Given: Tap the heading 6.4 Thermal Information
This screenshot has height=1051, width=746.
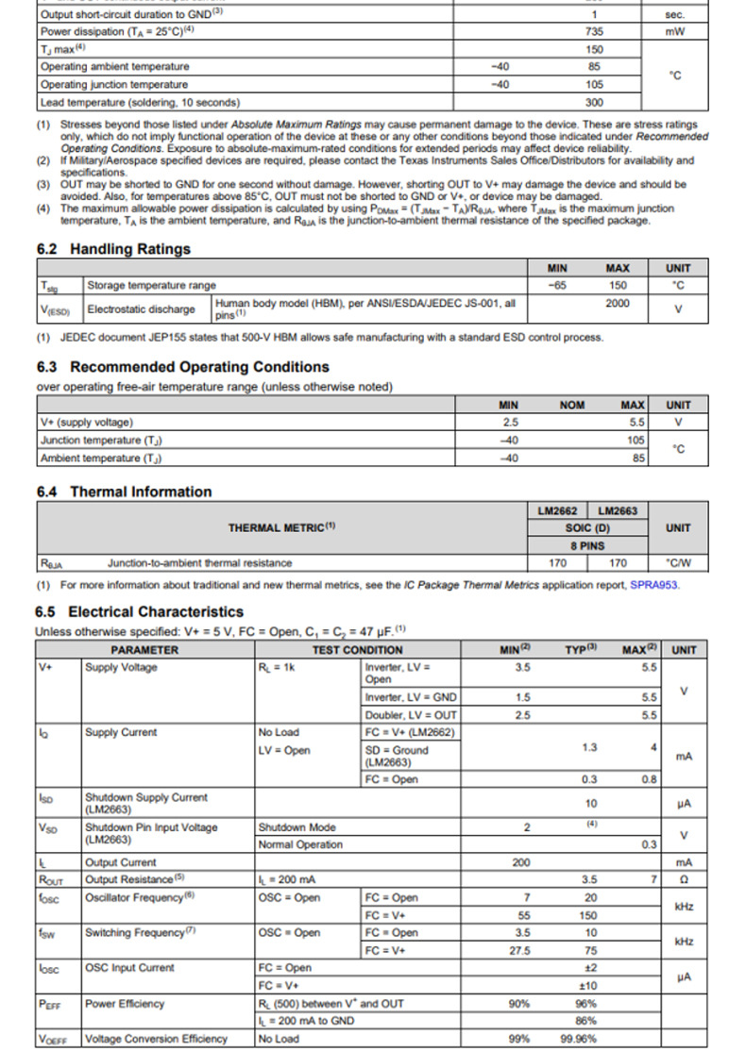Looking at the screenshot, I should [x=124, y=492].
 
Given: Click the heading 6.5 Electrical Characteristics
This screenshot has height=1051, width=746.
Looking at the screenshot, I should [x=139, y=612].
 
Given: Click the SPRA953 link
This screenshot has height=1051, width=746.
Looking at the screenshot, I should [x=654, y=585].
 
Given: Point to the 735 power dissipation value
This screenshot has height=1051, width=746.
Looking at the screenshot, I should [x=594, y=31].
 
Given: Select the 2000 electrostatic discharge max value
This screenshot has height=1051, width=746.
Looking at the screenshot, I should [x=617, y=304].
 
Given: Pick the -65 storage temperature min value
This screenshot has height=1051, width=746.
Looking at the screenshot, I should [x=557, y=285].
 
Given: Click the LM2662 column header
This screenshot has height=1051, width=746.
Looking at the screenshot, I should [x=557, y=510].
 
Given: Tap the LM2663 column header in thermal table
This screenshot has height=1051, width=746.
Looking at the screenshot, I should [x=618, y=510].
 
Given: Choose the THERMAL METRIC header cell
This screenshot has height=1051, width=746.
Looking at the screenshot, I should [x=281, y=527].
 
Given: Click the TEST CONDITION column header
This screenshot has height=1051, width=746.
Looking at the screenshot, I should [x=357, y=650].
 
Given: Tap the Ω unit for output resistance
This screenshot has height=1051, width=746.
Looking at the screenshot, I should [x=678, y=880].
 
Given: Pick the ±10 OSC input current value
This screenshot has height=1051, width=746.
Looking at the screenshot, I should [x=589, y=986].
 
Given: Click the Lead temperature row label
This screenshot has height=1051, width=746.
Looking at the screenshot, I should [x=140, y=102].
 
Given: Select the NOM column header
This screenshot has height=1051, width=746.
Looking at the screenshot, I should [x=572, y=405].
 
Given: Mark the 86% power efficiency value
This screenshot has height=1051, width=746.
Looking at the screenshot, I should [x=585, y=1021].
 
